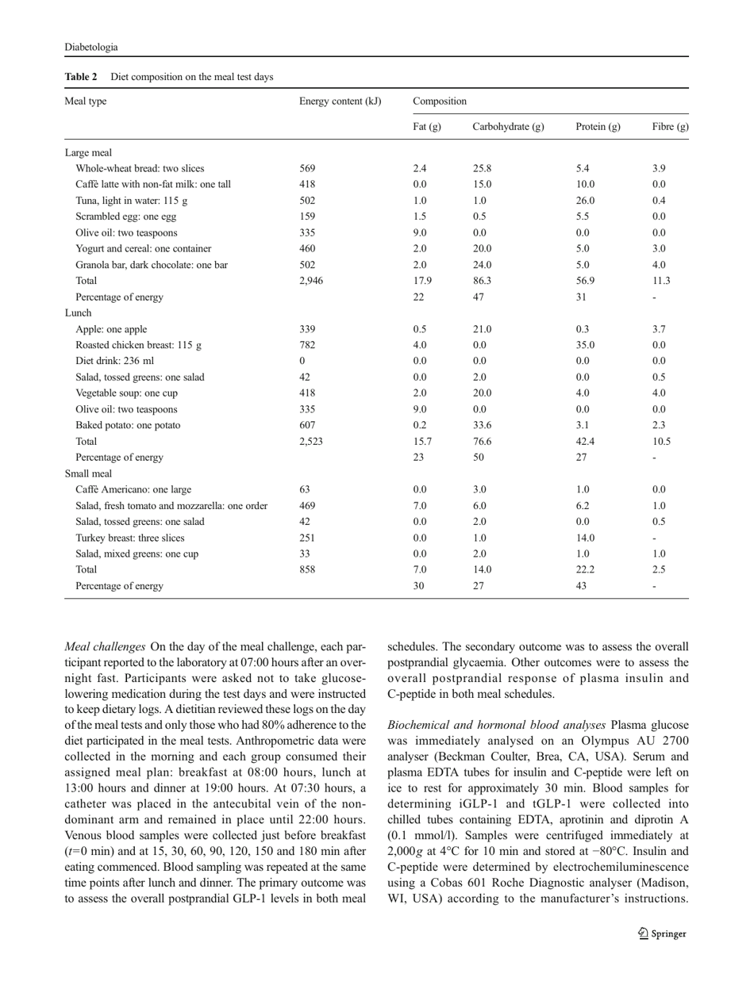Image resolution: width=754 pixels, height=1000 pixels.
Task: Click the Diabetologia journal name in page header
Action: click(87, 47)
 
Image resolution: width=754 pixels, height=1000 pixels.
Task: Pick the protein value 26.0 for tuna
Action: click(586, 202)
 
